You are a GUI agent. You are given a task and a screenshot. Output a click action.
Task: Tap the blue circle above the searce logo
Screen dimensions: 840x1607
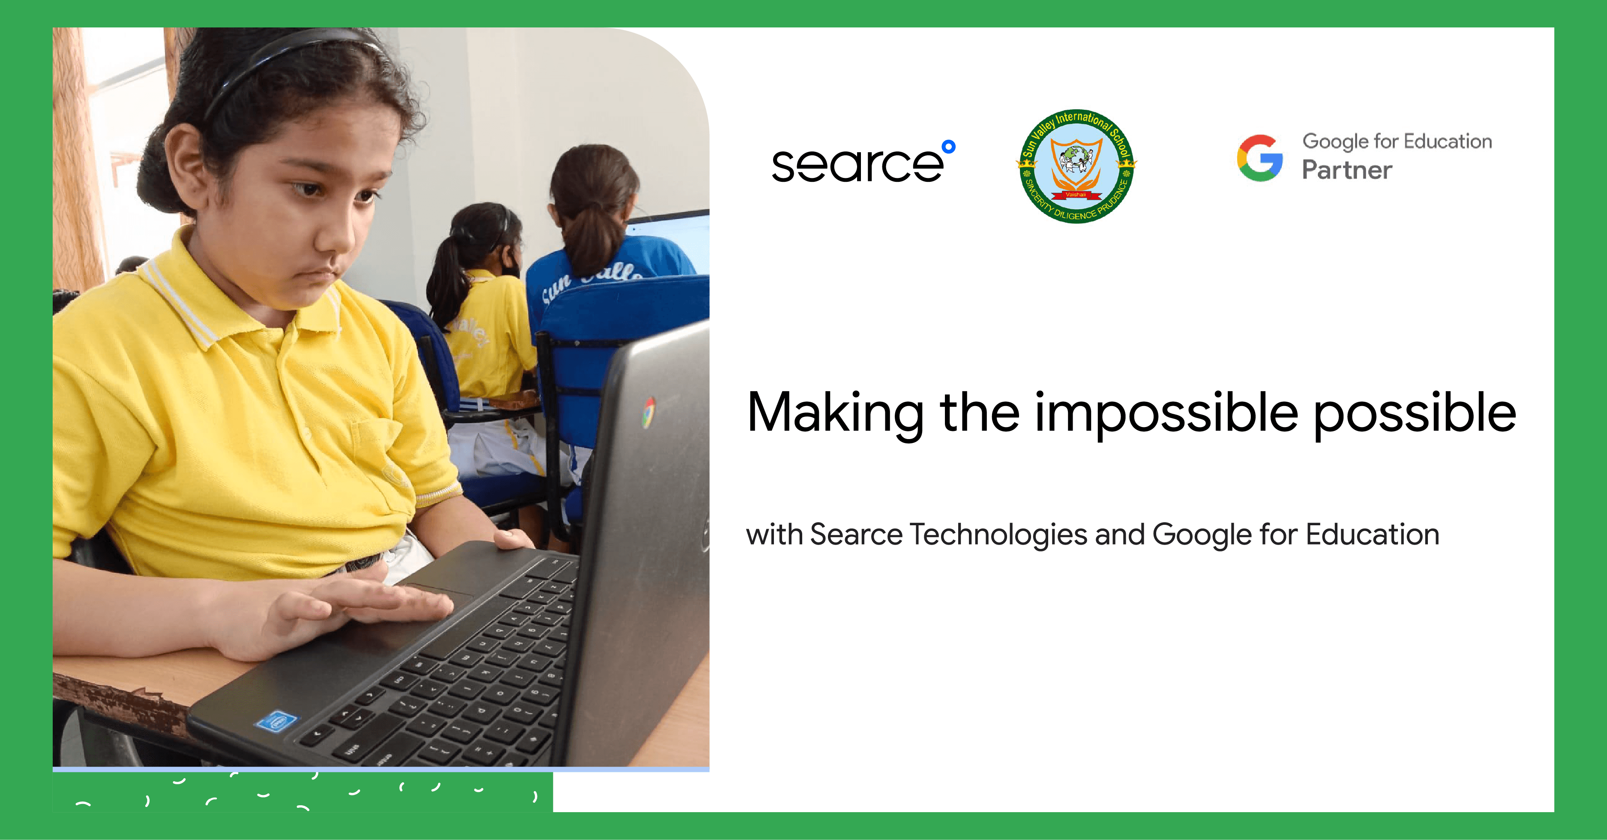coord(948,147)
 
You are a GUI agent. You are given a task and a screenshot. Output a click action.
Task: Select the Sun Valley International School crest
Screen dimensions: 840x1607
coord(1076,166)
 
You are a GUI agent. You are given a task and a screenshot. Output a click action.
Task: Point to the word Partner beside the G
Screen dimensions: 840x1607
coord(1347,170)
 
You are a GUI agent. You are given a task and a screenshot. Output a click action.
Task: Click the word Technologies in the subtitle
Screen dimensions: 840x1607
coord(998,535)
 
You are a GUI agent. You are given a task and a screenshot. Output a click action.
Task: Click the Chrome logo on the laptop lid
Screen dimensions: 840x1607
coord(649,412)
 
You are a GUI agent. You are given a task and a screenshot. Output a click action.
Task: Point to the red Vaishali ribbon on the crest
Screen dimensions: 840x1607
coord(1076,195)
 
